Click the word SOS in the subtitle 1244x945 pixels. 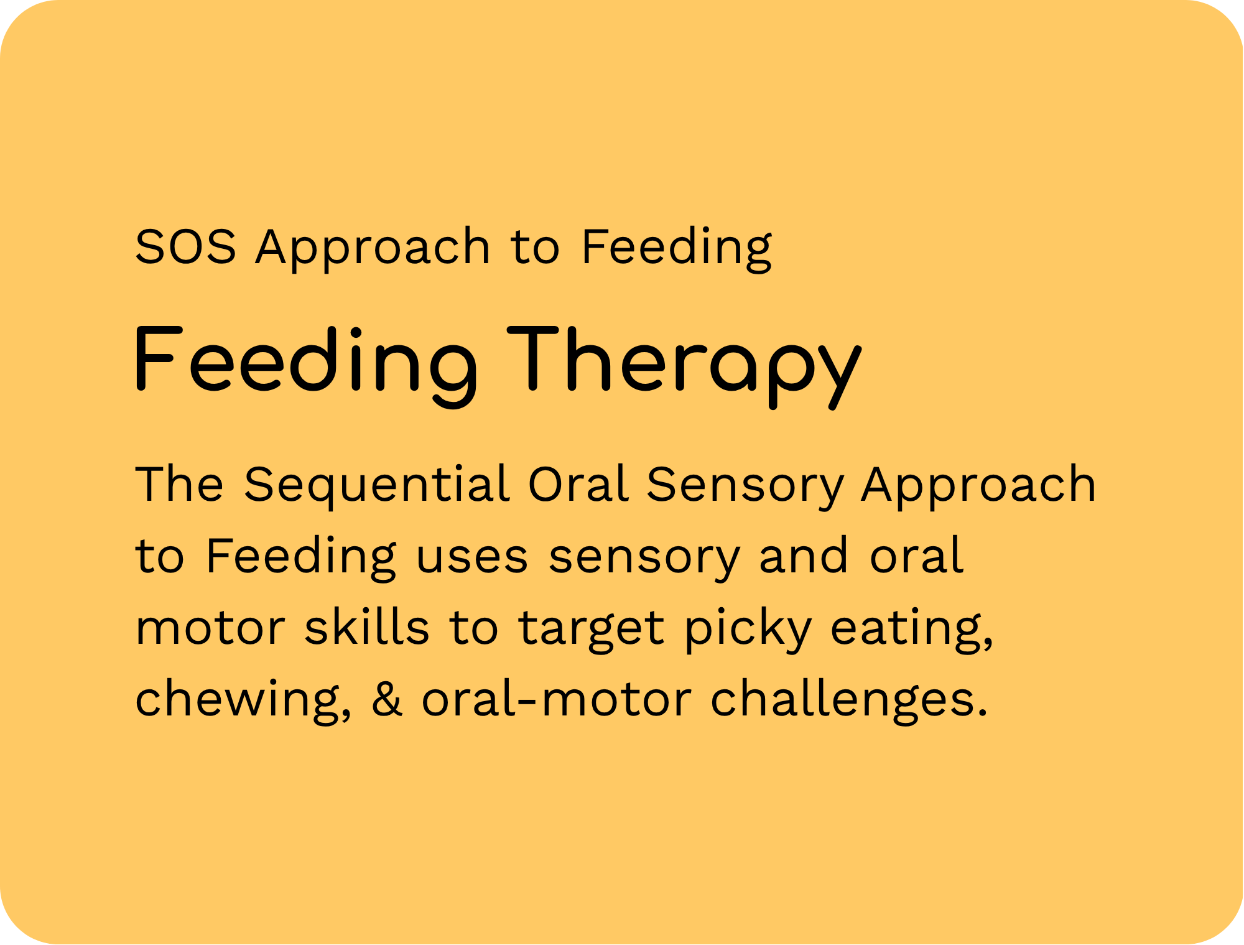[x=186, y=246]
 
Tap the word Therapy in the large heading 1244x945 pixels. [x=685, y=367]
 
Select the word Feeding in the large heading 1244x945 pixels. [x=306, y=367]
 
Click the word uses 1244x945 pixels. [x=472, y=557]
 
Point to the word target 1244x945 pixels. [x=592, y=630]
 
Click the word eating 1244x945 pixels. [x=912, y=630]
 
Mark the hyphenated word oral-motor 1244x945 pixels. [x=557, y=698]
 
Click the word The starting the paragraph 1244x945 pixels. [x=179, y=484]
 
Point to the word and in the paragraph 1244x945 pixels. [x=804, y=555]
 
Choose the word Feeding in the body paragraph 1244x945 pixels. [x=301, y=557]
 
